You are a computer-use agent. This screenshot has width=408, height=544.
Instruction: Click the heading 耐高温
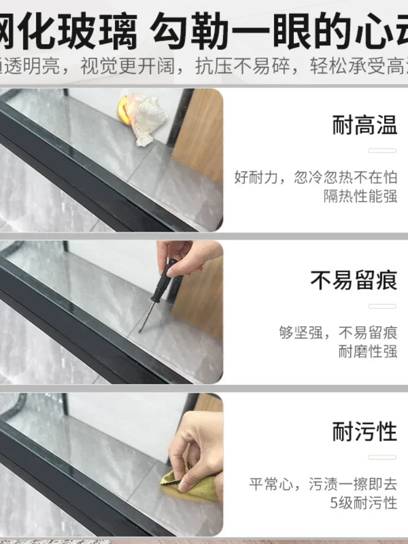pos(364,126)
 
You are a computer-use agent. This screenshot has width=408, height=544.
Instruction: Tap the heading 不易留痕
pos(354,281)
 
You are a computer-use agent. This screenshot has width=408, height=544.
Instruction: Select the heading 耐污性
pos(364,432)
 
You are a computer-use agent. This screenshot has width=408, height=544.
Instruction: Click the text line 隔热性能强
pos(361,196)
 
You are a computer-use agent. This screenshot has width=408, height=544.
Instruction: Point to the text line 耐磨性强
pos(368,351)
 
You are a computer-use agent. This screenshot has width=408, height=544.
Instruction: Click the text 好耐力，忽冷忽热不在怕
pos(316,177)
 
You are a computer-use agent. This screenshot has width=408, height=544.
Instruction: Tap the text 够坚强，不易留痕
pos(338,332)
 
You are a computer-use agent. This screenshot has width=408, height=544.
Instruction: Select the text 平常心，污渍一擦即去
pos(323,484)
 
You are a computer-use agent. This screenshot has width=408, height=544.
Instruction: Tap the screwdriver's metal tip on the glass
pos(142,328)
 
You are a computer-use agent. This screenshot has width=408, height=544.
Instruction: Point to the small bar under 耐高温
pos(382,150)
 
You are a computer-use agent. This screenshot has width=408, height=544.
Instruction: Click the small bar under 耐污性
pos(382,457)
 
